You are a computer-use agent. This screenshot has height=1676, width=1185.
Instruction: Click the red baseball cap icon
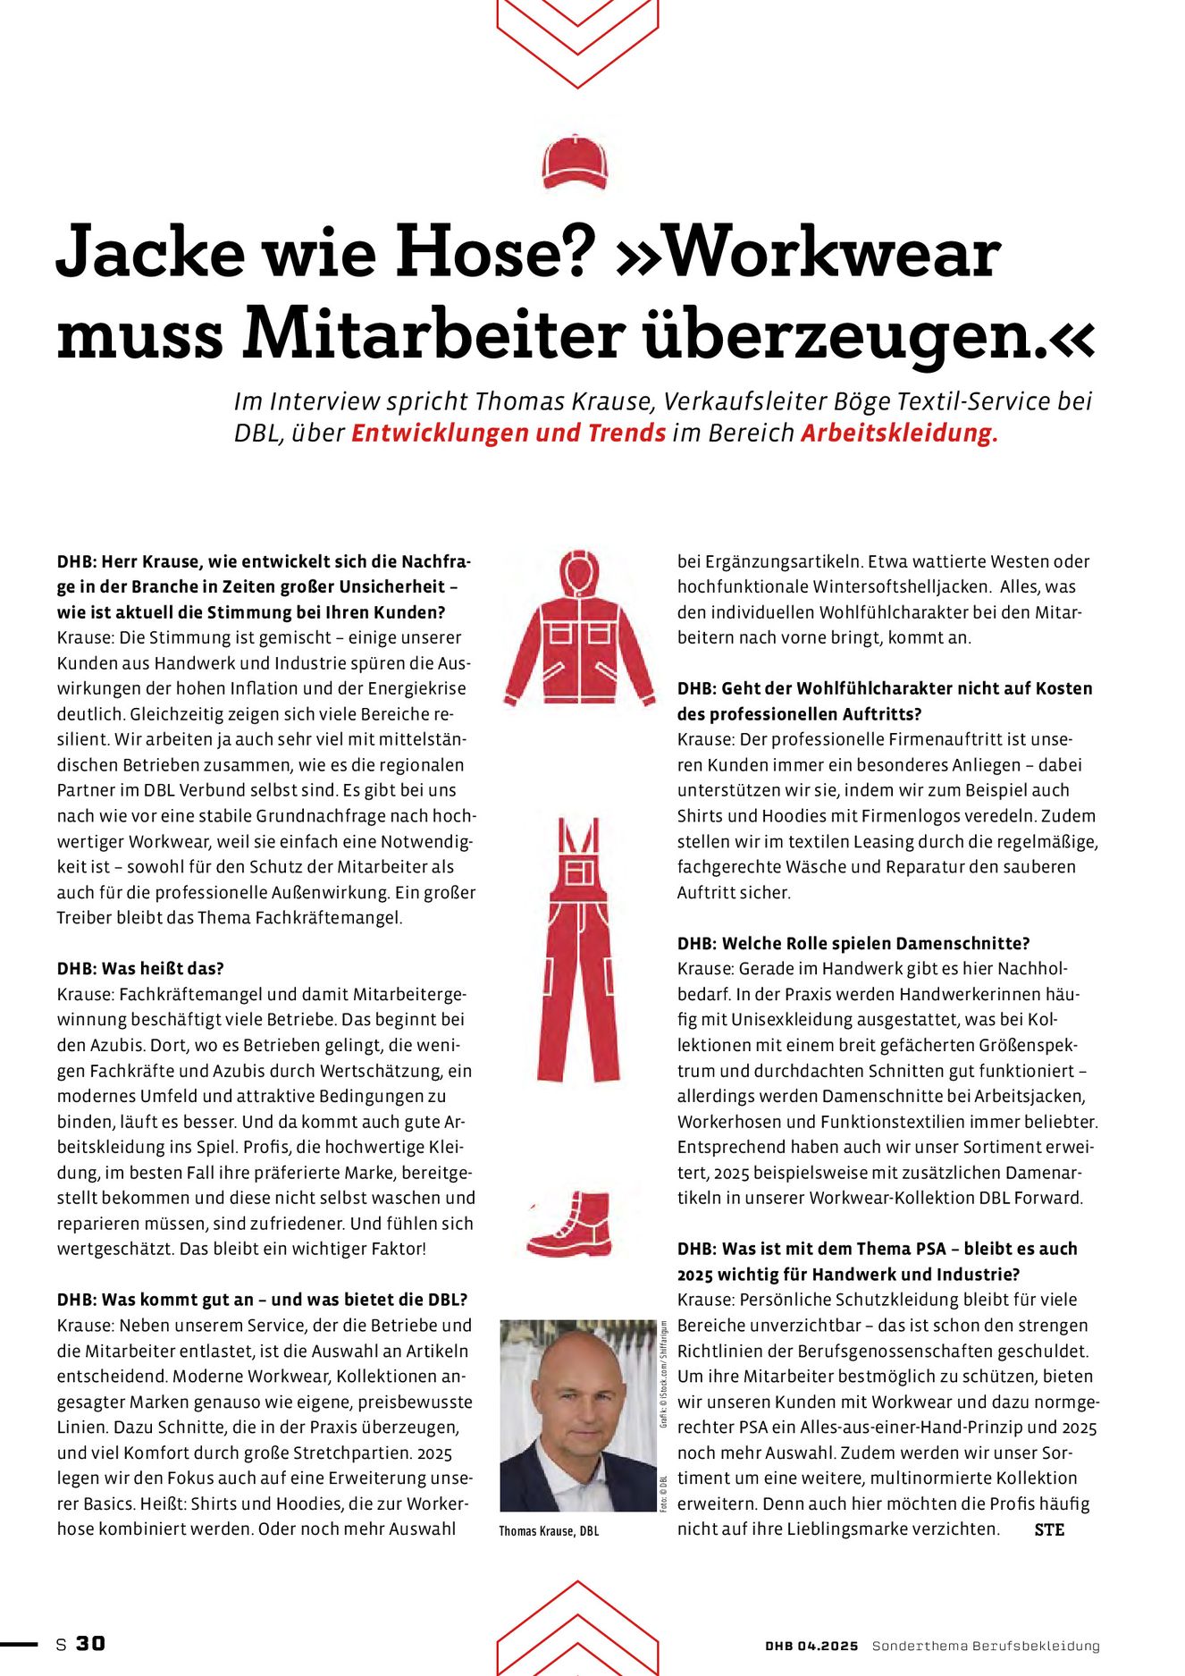click(x=575, y=162)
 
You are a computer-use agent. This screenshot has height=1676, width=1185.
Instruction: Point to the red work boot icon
click(x=571, y=1223)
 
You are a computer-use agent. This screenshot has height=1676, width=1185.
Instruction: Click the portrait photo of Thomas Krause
click(x=578, y=1416)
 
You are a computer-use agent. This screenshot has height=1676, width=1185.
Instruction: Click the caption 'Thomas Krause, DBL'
click(x=549, y=1531)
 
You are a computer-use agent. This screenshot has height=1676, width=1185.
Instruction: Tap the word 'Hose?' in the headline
click(x=496, y=252)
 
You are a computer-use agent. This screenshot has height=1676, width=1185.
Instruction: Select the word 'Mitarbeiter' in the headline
click(x=433, y=334)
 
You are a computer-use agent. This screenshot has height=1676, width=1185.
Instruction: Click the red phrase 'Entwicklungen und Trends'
click(x=508, y=434)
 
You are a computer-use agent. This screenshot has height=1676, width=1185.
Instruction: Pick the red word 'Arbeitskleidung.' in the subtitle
click(x=899, y=434)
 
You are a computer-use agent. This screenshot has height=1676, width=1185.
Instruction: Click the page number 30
click(x=90, y=1644)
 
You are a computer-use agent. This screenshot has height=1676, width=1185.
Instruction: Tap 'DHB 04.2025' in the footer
click(x=811, y=1646)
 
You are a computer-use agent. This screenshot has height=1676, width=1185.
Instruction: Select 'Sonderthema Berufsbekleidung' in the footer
click(x=986, y=1646)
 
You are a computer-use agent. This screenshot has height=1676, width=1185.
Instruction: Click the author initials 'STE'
click(x=1049, y=1529)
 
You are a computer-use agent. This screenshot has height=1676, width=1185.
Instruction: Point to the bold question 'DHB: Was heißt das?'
click(x=140, y=969)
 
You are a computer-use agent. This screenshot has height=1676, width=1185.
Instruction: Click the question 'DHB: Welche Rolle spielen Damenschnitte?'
click(x=853, y=944)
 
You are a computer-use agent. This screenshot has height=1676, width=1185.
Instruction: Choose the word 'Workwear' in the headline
click(x=833, y=252)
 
